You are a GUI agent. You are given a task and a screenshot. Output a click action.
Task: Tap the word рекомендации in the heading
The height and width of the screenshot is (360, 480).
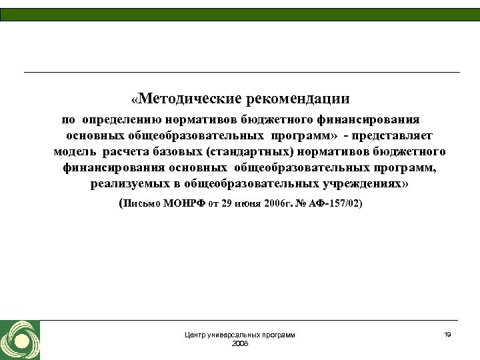click(298, 99)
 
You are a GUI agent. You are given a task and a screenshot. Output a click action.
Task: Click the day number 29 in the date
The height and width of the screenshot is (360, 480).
click(227, 203)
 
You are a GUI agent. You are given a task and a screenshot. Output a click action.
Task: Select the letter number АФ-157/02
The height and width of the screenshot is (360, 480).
click(337, 203)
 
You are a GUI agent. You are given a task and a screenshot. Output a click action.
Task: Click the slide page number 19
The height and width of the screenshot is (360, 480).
click(447, 334)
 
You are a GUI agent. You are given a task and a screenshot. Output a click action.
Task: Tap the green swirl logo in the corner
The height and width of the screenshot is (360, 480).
click(20, 340)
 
